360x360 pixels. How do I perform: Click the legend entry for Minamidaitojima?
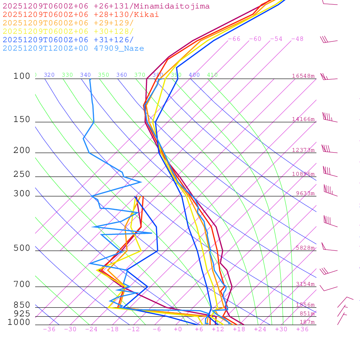point(106,6)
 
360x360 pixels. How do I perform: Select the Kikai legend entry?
point(81,15)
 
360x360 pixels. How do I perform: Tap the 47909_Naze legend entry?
point(73,49)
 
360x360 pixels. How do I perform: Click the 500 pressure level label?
point(22,248)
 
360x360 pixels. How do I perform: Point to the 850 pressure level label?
point(22,305)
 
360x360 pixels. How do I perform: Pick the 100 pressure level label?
point(22,76)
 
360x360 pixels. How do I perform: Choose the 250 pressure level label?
point(22,174)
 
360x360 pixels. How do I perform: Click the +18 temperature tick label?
point(239,329)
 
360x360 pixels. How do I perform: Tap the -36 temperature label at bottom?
point(49,329)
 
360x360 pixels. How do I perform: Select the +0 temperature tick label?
point(178,329)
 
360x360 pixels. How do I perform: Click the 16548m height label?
point(303,76)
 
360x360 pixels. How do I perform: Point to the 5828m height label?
point(305,248)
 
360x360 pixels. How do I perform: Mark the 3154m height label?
point(305,284)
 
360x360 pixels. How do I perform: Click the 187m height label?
point(307,322)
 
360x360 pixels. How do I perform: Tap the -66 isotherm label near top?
point(234,39)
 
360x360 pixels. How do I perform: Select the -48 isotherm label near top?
point(297,39)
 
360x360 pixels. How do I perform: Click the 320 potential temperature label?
point(49,75)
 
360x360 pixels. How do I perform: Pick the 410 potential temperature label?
point(212,75)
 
